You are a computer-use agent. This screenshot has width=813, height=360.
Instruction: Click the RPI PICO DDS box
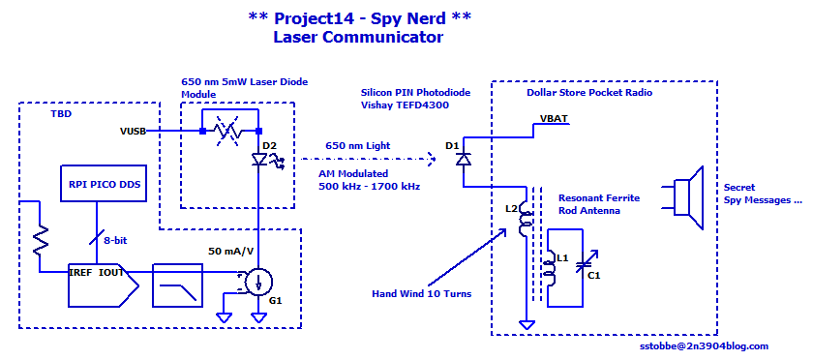tap(105, 183)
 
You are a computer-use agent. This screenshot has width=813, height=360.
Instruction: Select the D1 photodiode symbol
tap(463, 159)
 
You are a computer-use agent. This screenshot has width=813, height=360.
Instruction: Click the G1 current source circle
tap(257, 283)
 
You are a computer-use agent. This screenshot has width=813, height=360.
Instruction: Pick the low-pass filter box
tap(177, 285)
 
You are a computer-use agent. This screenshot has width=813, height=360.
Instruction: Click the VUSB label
tap(133, 132)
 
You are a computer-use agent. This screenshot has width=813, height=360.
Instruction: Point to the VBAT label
tap(555, 119)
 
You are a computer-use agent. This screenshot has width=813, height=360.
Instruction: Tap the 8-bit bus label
tap(114, 240)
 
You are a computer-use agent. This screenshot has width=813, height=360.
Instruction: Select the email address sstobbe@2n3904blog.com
tap(703, 346)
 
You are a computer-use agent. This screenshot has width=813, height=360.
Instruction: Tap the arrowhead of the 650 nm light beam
tap(431, 160)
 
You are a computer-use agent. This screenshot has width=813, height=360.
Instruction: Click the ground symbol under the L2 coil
tap(527, 325)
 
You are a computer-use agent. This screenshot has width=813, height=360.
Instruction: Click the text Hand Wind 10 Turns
tap(422, 294)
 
